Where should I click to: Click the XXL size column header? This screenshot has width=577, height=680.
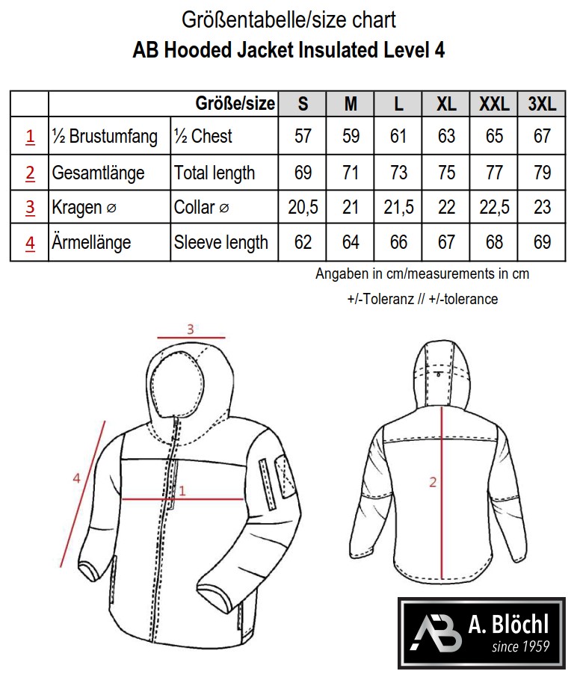pyautogui.click(x=494, y=104)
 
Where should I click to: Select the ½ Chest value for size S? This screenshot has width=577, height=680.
pyautogui.click(x=303, y=136)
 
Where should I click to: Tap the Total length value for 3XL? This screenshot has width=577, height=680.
pyautogui.click(x=542, y=173)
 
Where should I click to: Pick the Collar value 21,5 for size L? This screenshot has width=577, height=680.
pyautogui.click(x=398, y=208)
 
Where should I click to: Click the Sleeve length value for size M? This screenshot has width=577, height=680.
pyautogui.click(x=351, y=242)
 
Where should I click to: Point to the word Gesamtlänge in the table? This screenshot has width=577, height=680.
pyautogui.click(x=98, y=173)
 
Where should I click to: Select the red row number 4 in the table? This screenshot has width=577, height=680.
pyautogui.click(x=30, y=243)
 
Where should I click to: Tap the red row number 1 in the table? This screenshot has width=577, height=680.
pyautogui.click(x=30, y=137)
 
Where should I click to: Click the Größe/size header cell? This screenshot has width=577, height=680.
pyautogui.click(x=235, y=103)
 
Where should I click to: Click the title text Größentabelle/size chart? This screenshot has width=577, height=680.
pyautogui.click(x=288, y=19)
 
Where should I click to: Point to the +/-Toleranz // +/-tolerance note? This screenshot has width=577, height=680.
pyautogui.click(x=422, y=299)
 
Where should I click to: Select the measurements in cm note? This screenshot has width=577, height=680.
pyautogui.click(x=422, y=273)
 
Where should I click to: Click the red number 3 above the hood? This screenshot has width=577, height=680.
pyautogui.click(x=190, y=328)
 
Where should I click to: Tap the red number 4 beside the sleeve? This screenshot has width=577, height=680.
pyautogui.click(x=76, y=478)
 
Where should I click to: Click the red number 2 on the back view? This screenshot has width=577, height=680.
pyautogui.click(x=432, y=482)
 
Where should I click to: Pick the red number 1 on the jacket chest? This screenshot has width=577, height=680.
pyautogui.click(x=182, y=490)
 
